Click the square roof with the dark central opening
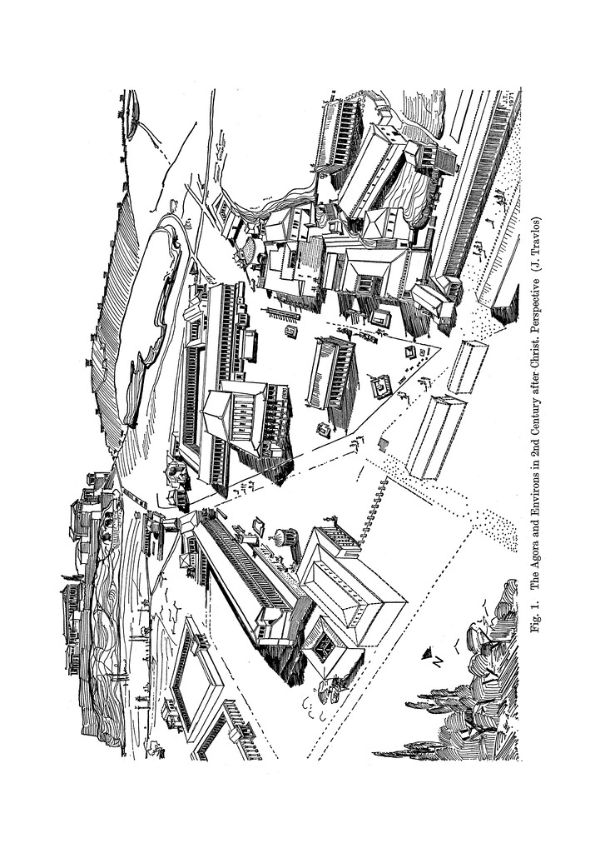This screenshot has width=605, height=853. click(x=325, y=645)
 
